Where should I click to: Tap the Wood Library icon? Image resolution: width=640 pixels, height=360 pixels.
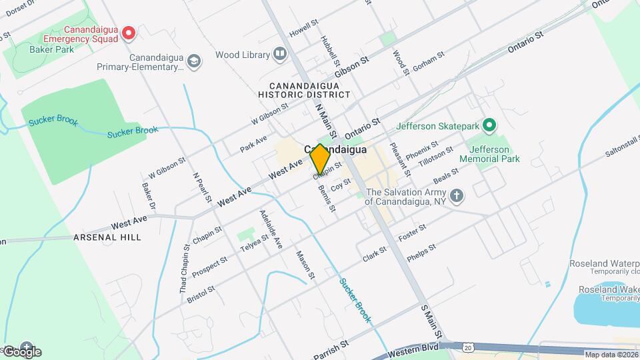[281, 55]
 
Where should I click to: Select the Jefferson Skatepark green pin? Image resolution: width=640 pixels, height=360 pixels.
[489, 125]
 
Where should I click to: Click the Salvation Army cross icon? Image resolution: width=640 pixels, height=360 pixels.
[456, 195]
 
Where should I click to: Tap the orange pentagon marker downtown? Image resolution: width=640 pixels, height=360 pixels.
[320, 159]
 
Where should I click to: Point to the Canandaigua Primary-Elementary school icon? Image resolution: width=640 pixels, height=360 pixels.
[194, 62]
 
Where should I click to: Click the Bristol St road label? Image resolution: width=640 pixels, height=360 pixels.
[201, 294]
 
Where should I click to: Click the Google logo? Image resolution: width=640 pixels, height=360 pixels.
[22, 351]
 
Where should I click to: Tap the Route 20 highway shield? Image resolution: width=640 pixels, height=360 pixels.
[468, 347]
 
